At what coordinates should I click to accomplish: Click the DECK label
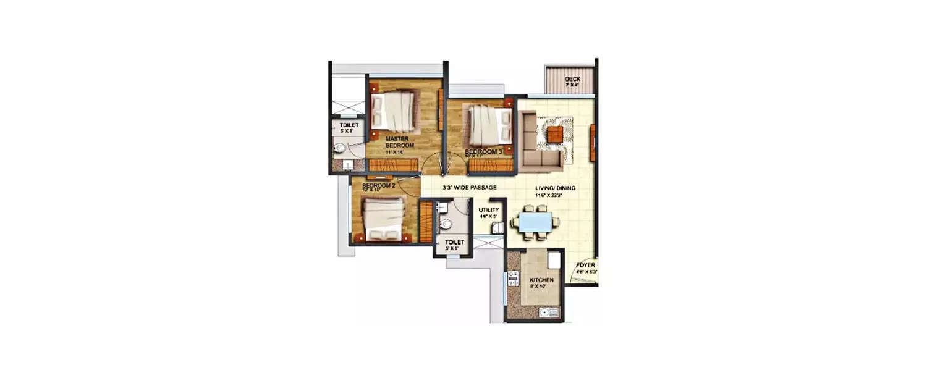(572, 79)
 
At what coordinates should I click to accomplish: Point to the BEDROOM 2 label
(378, 186)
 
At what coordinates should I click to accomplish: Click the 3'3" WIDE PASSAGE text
(470, 187)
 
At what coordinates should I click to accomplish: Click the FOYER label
(585, 265)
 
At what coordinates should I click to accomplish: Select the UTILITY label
(488, 210)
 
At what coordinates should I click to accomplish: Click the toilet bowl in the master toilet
(339, 148)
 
